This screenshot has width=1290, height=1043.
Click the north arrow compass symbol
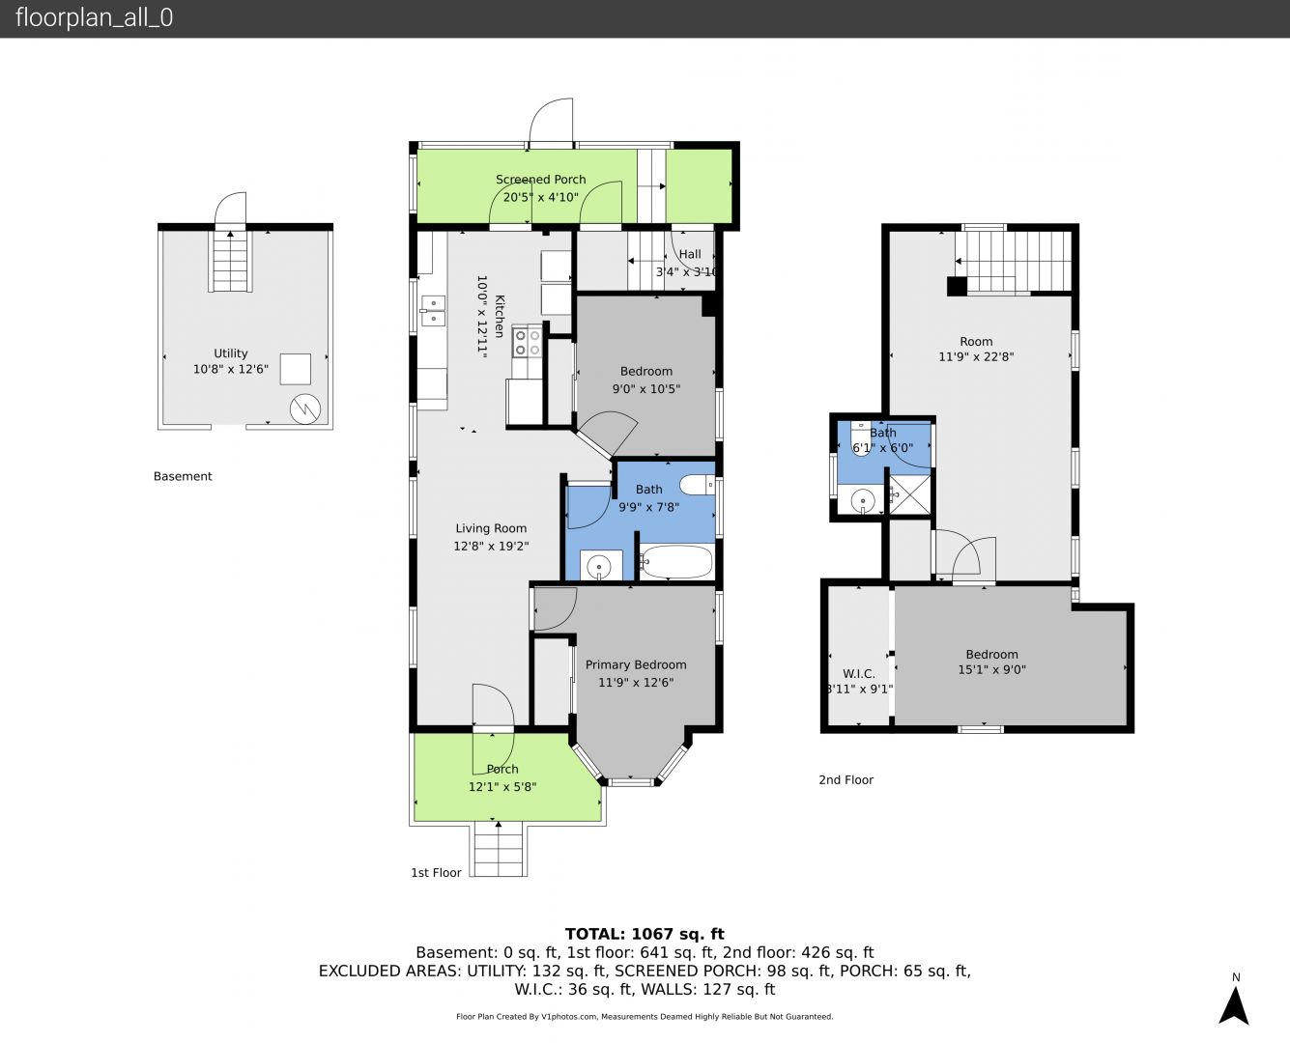tap(1234, 1005)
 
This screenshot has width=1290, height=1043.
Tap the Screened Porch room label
tap(541, 180)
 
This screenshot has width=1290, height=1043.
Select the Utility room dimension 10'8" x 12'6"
tap(231, 369)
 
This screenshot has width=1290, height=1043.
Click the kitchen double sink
tap(433, 310)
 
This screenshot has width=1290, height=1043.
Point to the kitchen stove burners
tap(527, 343)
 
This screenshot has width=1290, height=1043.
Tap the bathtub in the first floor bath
tap(675, 562)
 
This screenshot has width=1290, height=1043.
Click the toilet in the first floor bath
tap(697, 484)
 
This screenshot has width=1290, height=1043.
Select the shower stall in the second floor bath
tap(908, 494)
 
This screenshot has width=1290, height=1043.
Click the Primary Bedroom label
tap(636, 664)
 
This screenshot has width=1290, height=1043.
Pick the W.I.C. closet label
tap(859, 674)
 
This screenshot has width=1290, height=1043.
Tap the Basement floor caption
tap(183, 476)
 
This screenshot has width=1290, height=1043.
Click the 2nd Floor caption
tap(846, 780)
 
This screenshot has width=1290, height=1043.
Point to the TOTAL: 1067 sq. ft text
tap(645, 934)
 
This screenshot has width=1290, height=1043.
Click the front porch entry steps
tap(499, 849)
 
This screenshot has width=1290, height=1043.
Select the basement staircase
tap(231, 261)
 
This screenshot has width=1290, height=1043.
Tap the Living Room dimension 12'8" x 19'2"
tap(491, 546)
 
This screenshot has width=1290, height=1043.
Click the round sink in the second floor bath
tap(862, 500)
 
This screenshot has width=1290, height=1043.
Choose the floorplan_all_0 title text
tap(95, 17)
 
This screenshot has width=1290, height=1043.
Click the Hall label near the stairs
tap(690, 254)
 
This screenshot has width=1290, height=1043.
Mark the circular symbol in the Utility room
tap(304, 409)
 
